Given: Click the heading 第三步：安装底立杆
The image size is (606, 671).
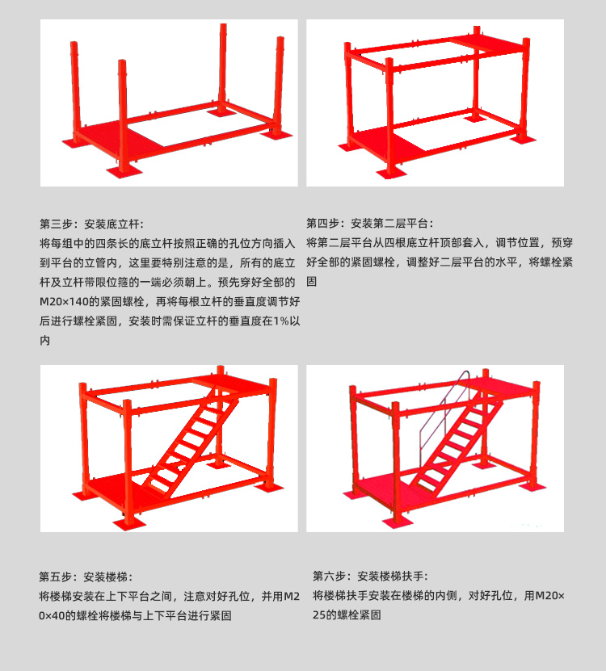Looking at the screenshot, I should pos(90,224).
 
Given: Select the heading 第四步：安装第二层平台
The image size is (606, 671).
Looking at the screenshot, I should pos(369,224).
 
